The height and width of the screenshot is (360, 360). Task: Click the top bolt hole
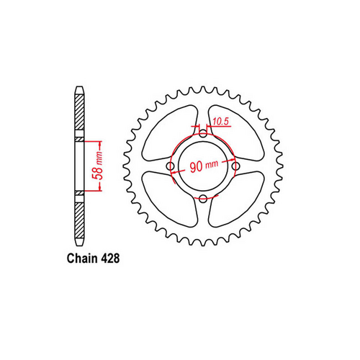coord(203,134)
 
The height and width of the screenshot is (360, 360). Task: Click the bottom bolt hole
coord(203,198)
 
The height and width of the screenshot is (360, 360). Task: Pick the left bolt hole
coord(171,166)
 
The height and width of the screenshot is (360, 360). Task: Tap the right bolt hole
coord(235,166)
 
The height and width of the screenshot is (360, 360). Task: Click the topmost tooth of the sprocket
coord(203,90)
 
